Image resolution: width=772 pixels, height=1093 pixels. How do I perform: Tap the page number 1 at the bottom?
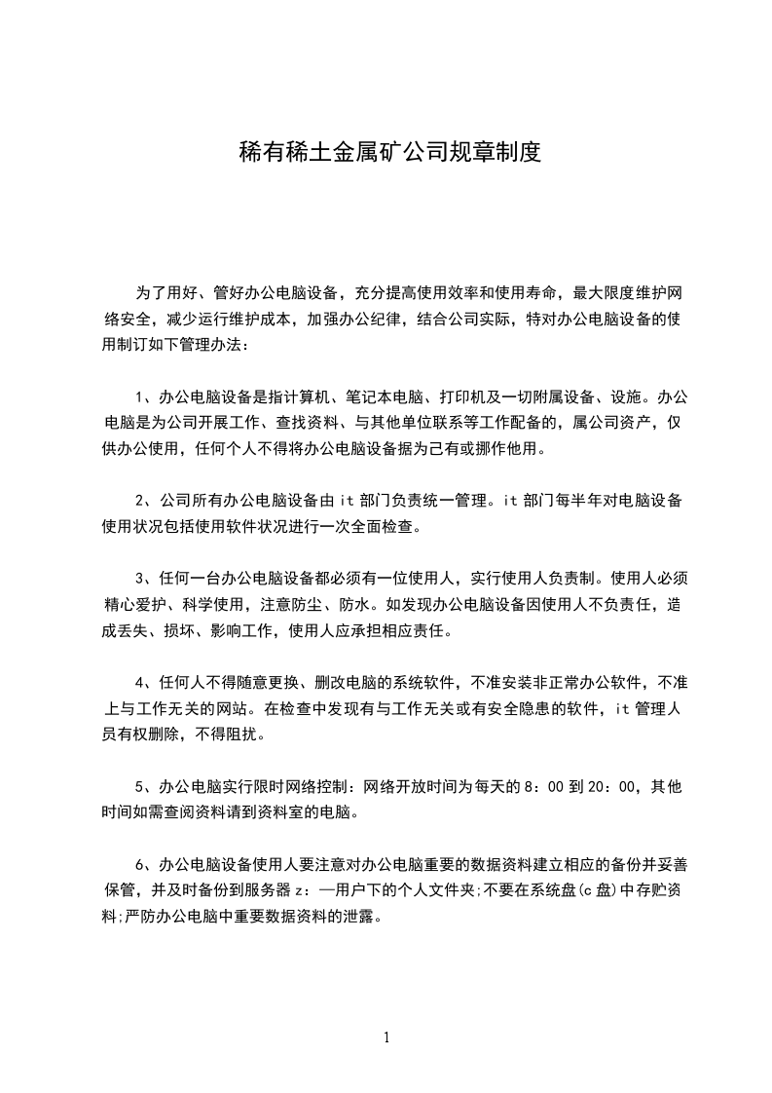click(x=386, y=1036)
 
